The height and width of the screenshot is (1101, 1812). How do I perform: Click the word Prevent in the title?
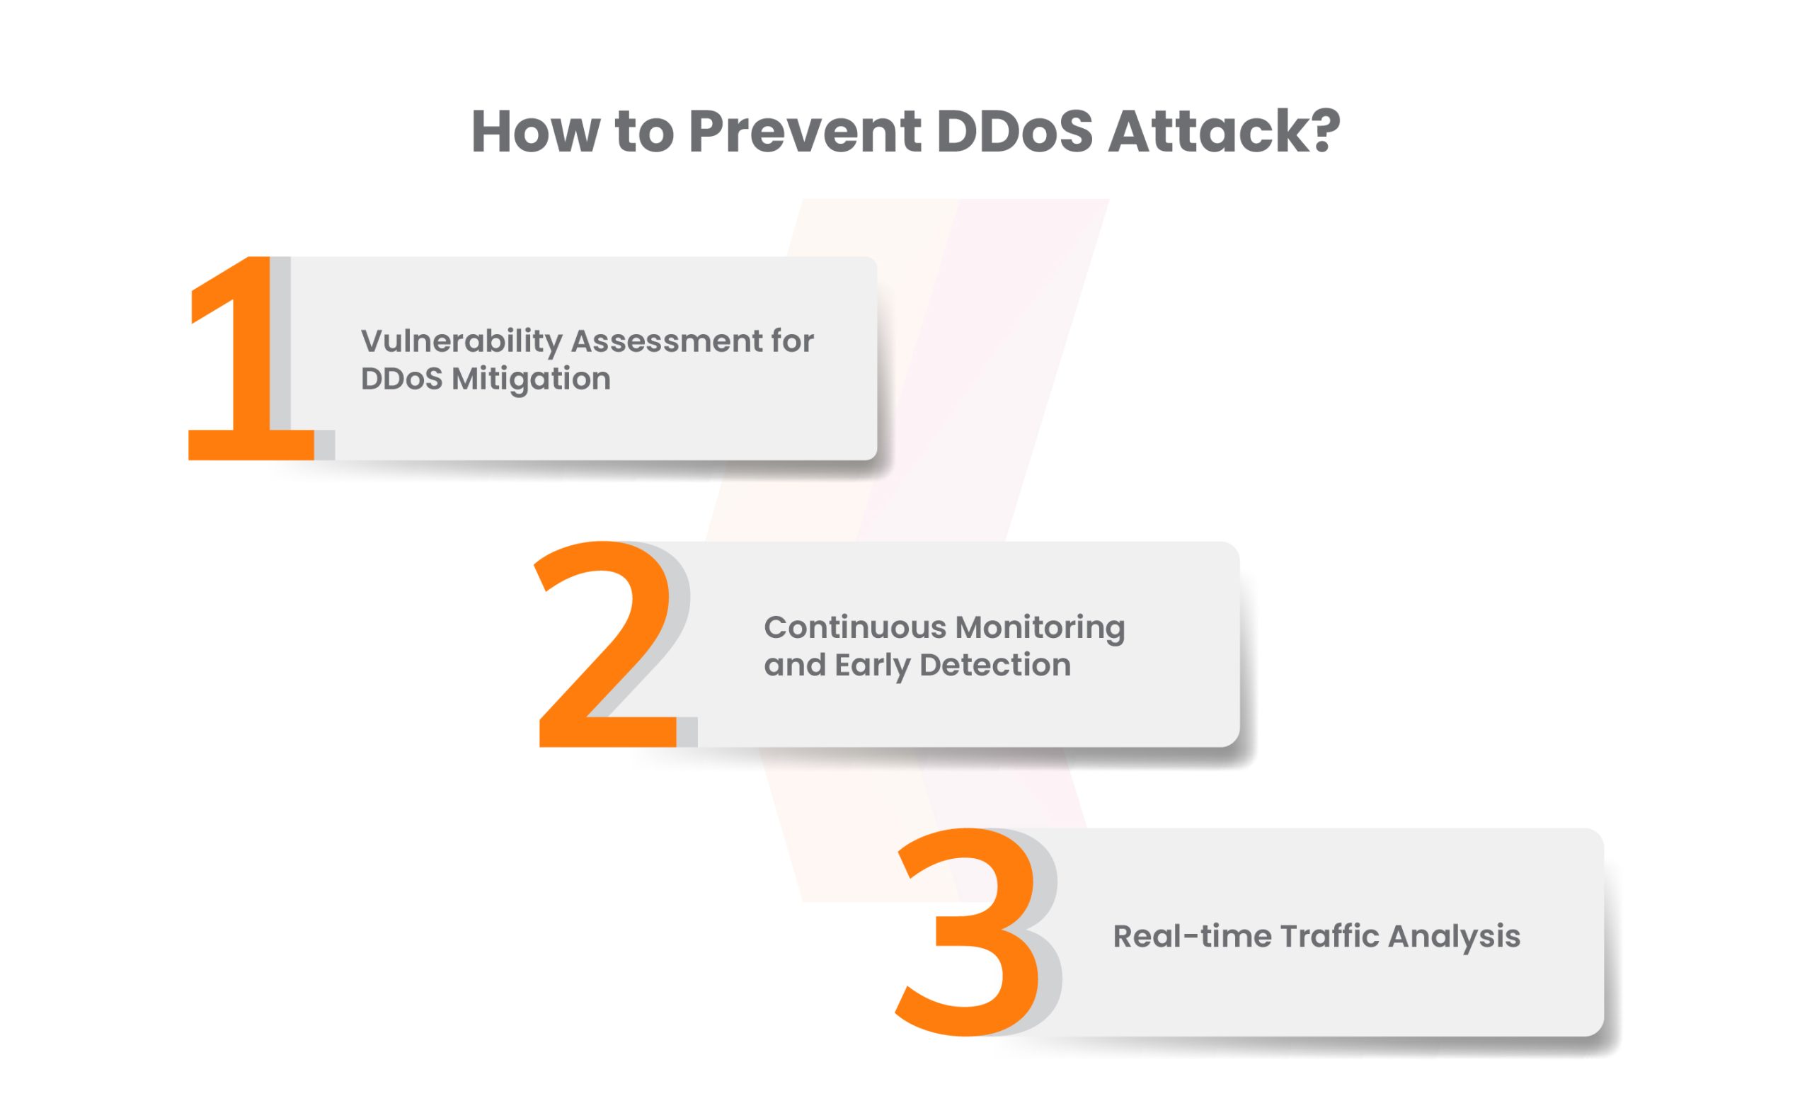pyautogui.click(x=805, y=132)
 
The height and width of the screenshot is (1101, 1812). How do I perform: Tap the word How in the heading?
pyautogui.click(x=535, y=132)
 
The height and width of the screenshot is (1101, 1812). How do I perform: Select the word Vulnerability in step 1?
pyautogui.click(x=461, y=343)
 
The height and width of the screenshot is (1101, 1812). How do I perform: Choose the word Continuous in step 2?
pyautogui.click(x=855, y=628)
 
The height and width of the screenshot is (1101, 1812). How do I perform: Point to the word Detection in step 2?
pyautogui.click(x=995, y=666)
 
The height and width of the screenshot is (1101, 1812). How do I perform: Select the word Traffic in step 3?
pyautogui.click(x=1329, y=937)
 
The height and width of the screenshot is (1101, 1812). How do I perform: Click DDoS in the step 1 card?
pyautogui.click(x=401, y=380)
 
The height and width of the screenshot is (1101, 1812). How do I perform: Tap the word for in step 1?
pyautogui.click(x=793, y=341)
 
